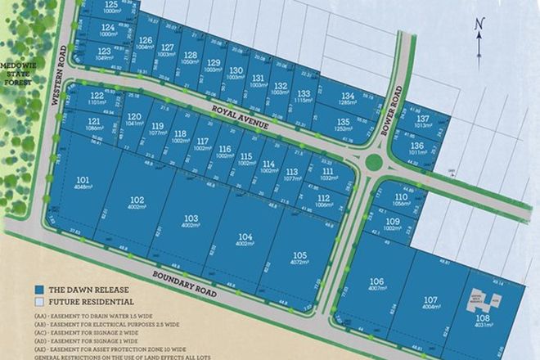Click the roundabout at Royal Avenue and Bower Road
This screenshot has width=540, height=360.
point(374,161)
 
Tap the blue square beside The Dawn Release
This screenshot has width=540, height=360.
point(38,290)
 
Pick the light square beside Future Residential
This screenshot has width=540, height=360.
point(38,303)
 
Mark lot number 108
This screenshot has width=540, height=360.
point(482,319)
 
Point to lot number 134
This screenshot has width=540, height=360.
point(349,97)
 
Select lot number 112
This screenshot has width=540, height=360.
point(323,198)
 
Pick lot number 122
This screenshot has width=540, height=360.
point(97,96)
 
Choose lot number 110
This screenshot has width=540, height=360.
point(400,197)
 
